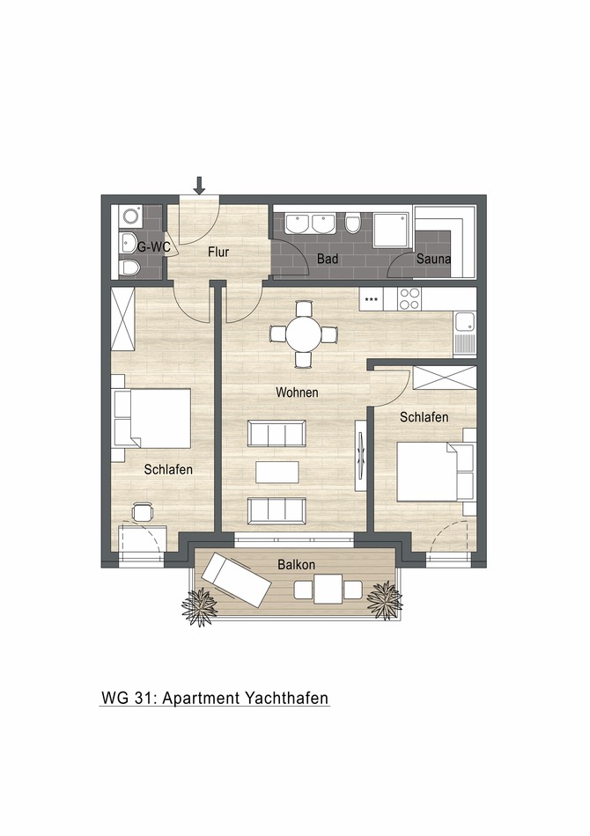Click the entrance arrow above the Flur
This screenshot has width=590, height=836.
200,185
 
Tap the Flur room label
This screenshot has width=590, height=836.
218,253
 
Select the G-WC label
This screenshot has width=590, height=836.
153,247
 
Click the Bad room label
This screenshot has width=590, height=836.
328,260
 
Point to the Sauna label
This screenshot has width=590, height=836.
434,260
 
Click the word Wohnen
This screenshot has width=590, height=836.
297,392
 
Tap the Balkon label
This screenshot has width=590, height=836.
297,564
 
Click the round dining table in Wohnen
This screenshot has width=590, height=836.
304,334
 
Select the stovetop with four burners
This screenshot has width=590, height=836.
409,299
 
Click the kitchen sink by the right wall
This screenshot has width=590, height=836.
464,324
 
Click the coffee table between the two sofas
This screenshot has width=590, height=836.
277,473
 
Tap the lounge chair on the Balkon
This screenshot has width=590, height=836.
235,581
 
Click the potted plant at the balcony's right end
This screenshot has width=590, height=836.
384,598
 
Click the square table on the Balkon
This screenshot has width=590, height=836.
328,589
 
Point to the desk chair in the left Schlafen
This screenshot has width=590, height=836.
142,511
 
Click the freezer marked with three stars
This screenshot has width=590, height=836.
372,299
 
